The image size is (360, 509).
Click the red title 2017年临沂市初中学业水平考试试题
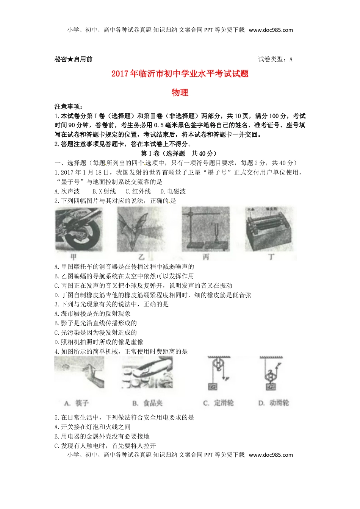coord(180,73)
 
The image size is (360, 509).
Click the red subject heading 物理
coord(180,92)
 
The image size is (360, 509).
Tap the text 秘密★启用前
coord(74,59)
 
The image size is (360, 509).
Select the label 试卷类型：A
coord(275,59)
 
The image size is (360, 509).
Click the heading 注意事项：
coord(69,107)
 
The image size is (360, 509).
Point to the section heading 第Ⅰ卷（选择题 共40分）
coord(180,153)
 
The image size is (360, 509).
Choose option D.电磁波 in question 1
coord(173,191)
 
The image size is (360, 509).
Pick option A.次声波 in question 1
coord(67,191)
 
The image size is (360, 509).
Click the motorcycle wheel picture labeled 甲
coord(78,229)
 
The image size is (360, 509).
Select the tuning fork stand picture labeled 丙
coord(205,229)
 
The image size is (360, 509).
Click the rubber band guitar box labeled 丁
coord(269,229)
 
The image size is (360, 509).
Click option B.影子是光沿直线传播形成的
coord(95,323)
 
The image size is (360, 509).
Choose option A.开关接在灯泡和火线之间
coord(92,427)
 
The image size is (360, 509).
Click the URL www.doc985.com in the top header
coord(271,30)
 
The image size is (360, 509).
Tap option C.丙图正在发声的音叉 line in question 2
coord(143,286)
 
